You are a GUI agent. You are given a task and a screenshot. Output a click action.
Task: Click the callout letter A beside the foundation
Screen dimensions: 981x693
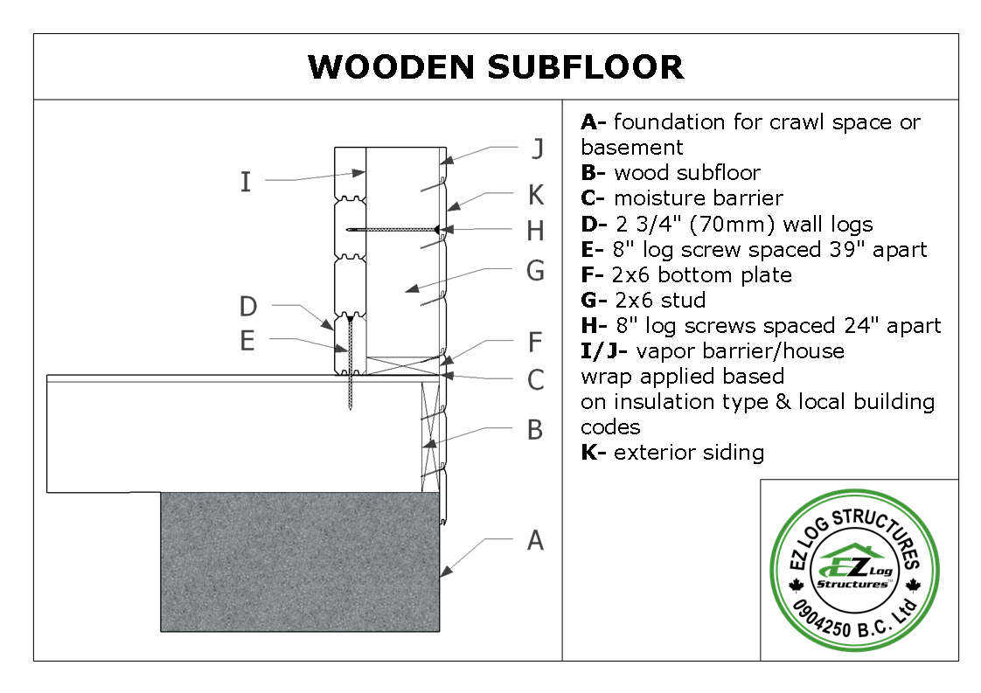536,540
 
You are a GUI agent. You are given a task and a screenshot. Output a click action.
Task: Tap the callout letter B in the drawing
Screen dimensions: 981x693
535,430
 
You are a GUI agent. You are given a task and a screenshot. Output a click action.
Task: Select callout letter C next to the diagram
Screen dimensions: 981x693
536,380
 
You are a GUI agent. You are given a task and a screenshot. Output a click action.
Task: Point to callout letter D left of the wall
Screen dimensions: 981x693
248,307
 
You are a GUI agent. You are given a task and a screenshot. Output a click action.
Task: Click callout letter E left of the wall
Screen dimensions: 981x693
247,341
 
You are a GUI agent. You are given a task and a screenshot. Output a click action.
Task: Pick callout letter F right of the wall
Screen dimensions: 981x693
535,342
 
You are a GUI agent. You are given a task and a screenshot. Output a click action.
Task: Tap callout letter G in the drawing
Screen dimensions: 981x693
536,271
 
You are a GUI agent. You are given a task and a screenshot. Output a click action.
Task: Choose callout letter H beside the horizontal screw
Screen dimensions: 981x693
536,232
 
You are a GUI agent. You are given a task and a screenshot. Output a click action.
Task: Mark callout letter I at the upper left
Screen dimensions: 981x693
246,182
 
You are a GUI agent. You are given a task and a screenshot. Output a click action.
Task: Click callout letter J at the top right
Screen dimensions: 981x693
537,149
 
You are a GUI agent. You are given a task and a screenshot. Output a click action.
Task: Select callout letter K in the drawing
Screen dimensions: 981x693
536,195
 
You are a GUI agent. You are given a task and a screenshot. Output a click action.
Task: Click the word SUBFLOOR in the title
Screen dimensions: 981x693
586,67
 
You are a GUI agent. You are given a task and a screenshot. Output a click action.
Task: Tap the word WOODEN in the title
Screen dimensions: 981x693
391,67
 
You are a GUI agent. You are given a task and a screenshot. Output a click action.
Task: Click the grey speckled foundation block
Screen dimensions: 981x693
300,562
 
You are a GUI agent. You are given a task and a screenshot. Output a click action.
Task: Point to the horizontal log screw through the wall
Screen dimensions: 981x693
393,230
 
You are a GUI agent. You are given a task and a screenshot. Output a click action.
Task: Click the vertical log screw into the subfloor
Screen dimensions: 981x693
351,363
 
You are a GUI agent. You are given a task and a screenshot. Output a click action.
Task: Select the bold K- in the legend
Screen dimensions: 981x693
593,452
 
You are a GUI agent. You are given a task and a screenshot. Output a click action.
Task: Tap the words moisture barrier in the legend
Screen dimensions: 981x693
699,198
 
